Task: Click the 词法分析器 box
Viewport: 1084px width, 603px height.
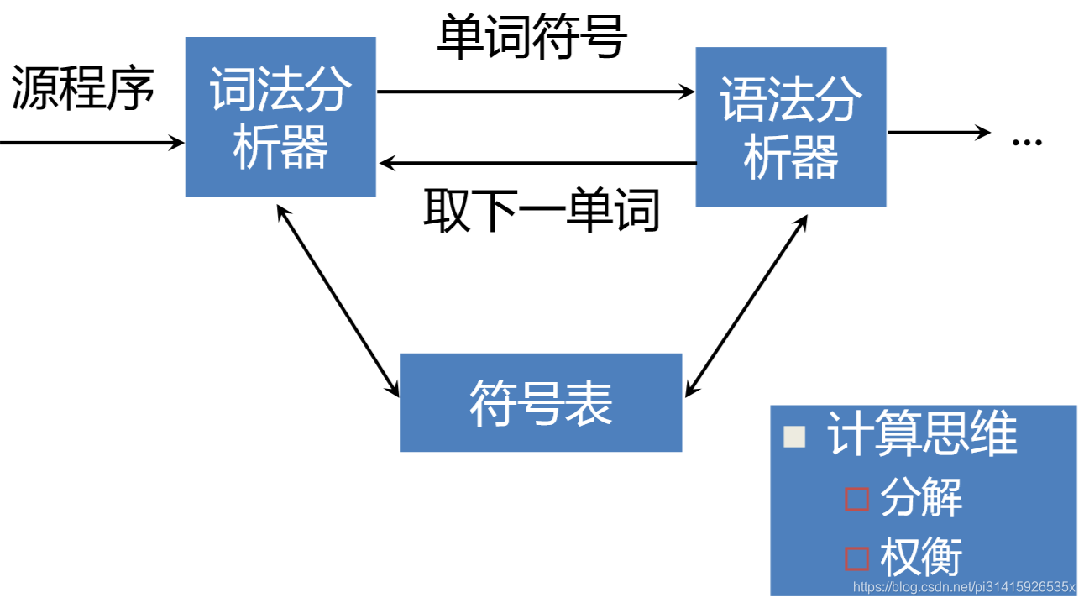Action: (x=280, y=117)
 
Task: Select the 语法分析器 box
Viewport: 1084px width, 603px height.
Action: (x=790, y=127)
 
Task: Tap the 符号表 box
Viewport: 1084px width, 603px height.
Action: (x=541, y=402)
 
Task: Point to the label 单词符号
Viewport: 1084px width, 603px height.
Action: (x=532, y=37)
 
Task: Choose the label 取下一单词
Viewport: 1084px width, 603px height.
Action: (x=542, y=210)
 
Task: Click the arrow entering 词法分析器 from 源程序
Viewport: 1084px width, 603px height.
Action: (x=92, y=143)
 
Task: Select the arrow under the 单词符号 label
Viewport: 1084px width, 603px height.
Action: (x=536, y=92)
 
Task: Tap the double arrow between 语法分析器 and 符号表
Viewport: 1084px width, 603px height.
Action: (x=746, y=306)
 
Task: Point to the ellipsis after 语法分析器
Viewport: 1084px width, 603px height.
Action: (x=1026, y=141)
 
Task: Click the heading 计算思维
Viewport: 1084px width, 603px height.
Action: (x=922, y=435)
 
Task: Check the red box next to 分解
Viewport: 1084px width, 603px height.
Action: (x=856, y=499)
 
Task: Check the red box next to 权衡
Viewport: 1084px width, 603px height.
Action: (x=856, y=558)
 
